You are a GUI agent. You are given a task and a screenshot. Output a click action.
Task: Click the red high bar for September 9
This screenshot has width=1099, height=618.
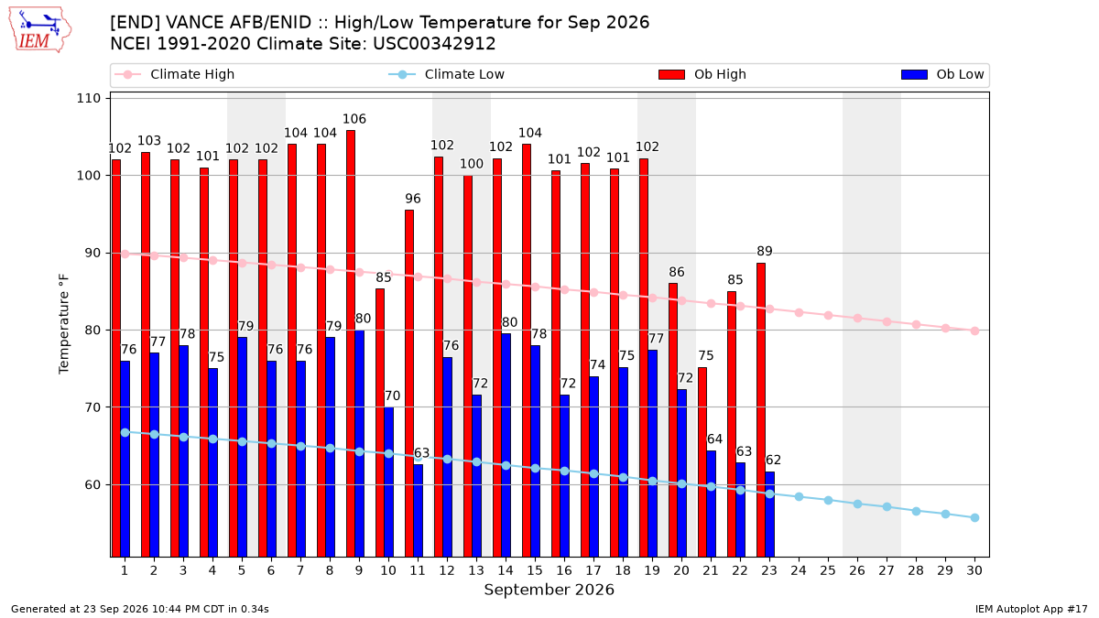point(351,343)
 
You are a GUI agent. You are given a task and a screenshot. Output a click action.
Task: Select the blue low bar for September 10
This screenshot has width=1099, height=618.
point(388,482)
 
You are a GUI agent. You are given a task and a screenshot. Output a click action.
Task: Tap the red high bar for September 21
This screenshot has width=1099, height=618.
point(702,462)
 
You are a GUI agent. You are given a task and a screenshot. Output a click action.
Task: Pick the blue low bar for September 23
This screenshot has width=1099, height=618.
point(770,515)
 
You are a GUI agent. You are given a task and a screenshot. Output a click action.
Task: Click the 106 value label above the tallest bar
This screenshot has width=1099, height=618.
point(354,119)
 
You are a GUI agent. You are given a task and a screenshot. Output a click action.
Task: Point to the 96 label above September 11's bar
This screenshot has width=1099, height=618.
point(413,199)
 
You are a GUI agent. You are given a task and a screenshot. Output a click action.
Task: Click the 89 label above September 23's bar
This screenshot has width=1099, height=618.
point(765,252)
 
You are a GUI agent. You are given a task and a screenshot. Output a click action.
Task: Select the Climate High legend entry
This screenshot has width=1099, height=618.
point(174,74)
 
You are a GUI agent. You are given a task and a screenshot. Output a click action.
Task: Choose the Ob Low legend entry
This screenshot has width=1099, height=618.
point(942,74)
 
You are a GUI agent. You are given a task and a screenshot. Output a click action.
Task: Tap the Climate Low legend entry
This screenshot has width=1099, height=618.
point(447,74)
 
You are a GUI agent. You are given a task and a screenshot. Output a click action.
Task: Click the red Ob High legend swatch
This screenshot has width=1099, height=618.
point(671,74)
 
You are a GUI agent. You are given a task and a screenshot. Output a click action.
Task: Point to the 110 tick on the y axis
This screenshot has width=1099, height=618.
point(88,99)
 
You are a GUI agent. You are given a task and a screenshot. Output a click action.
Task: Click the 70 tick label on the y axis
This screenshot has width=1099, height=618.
point(92,407)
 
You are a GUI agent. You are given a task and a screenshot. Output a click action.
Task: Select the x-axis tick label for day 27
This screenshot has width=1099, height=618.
point(887,571)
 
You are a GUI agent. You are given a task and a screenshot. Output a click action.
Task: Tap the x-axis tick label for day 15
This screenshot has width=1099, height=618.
point(535,571)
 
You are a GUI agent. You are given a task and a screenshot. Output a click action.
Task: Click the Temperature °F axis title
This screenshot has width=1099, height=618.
point(64,324)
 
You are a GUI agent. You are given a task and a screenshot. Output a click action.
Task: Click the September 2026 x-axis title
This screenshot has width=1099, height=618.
point(549,590)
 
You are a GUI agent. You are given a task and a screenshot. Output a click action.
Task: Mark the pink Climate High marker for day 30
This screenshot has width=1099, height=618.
point(974,331)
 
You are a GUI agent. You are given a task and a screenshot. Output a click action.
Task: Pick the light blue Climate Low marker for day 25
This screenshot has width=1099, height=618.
point(828,500)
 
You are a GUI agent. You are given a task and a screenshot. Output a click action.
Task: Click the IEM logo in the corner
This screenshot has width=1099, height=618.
point(39,30)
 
